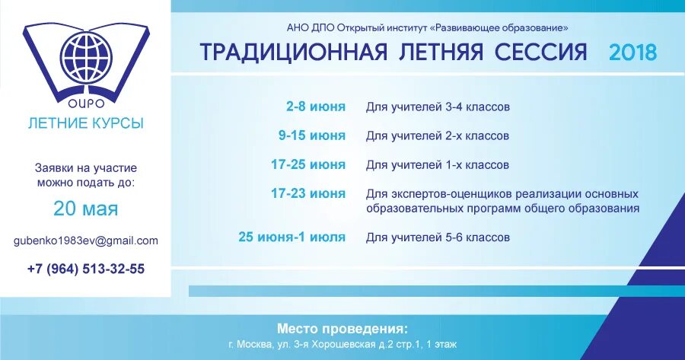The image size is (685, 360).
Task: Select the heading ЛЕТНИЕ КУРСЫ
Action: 84,123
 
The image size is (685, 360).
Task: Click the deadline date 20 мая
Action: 85,209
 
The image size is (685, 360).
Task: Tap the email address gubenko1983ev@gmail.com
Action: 85,241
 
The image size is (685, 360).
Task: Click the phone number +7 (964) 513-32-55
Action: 85,269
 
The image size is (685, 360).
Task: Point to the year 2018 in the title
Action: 632,53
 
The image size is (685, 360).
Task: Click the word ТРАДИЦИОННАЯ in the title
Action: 293,53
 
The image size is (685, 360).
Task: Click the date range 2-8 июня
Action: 316,107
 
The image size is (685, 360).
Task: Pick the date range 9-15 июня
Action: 312,135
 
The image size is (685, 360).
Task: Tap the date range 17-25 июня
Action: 308,164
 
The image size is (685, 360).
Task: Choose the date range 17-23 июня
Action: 308,193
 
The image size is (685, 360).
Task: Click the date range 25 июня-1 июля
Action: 292,237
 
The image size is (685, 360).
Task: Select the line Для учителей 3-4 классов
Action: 438,107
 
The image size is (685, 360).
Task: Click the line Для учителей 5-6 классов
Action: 438,237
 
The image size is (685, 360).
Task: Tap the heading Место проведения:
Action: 342,329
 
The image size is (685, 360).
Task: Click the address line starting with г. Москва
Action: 342,345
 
